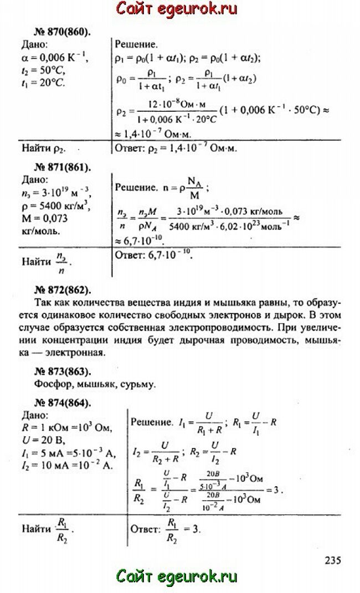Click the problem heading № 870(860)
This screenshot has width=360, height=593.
[55, 32]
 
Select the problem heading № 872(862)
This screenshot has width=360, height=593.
[55, 290]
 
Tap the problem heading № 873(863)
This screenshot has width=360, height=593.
[55, 370]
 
